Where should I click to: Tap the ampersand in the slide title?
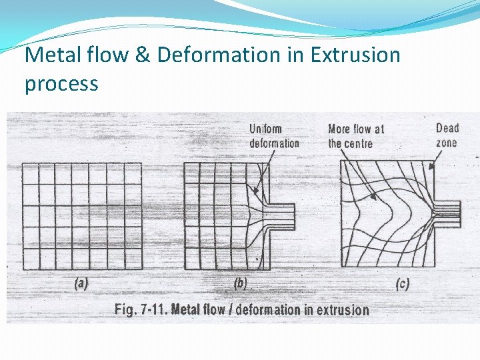(142, 55)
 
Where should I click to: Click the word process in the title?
(61, 85)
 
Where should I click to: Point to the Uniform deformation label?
(274, 136)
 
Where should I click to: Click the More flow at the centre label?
(355, 136)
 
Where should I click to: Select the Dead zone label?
(447, 135)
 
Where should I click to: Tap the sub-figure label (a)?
(81, 283)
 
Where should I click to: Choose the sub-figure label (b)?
(240, 283)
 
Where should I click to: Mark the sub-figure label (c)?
(402, 284)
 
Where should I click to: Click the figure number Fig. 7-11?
(141, 309)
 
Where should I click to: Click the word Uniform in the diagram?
(265, 129)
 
